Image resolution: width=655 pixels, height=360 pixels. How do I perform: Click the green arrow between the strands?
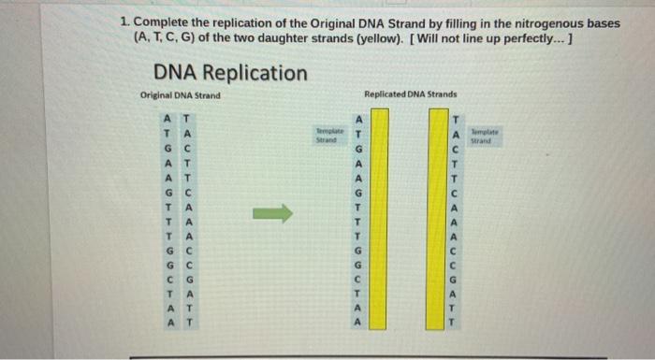click(272, 214)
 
